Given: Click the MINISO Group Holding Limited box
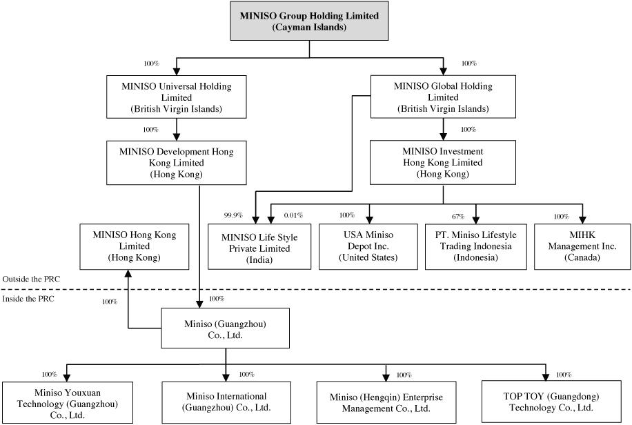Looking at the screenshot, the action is coord(309,21).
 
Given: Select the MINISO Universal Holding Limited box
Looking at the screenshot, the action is coord(177,97).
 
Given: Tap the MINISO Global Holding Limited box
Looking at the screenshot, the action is coord(443,97).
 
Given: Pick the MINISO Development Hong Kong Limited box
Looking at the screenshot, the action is coord(177,163).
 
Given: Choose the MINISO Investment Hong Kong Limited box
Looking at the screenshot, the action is coord(443,163).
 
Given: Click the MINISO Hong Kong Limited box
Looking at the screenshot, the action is coord(135,247).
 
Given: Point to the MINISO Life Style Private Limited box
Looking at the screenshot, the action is coord(259,247).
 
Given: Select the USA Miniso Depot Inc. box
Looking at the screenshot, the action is coord(368,247).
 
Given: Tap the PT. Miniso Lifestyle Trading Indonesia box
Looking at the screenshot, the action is coord(475,247).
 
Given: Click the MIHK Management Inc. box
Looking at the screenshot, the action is coord(582,247).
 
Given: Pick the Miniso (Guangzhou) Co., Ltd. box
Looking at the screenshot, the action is coord(226,328).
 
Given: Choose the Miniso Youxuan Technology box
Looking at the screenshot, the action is coord(68,402).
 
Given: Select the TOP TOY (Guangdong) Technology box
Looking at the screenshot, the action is coord(551,402).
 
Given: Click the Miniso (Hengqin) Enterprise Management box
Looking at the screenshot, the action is coord(386,402).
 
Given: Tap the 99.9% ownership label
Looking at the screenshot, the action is coord(233,215).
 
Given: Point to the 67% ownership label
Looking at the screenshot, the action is coord(458,217).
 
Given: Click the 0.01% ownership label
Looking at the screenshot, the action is coord(293,215).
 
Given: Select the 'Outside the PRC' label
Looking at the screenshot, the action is coord(31,279).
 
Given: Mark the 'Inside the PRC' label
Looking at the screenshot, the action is coord(28,299).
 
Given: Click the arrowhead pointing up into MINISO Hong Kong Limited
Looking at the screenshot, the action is coord(128,273).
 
